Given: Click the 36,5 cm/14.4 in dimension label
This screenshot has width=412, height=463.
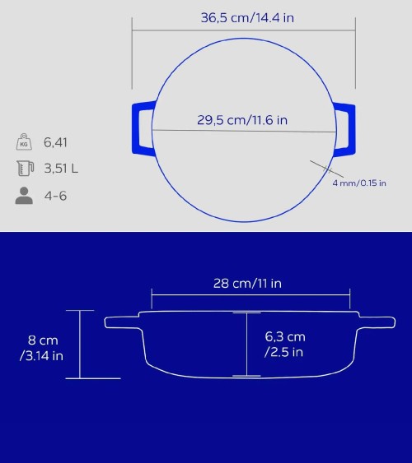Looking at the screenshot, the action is pyautogui.click(x=247, y=18).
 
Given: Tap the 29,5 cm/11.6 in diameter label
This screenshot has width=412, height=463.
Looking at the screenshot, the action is pyautogui.click(x=242, y=120).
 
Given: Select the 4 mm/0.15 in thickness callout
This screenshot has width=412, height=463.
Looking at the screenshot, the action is pyautogui.click(x=359, y=183).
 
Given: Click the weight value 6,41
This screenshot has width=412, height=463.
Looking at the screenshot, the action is pyautogui.click(x=55, y=142).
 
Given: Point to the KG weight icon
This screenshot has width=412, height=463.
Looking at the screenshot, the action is pyautogui.click(x=24, y=141).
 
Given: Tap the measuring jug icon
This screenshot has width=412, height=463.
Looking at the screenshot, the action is pyautogui.click(x=26, y=169).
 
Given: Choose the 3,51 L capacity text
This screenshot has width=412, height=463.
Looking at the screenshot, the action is pyautogui.click(x=61, y=169).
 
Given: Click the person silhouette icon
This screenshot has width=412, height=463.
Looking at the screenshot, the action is pyautogui.click(x=24, y=196).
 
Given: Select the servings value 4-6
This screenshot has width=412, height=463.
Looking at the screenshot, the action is pyautogui.click(x=55, y=196).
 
